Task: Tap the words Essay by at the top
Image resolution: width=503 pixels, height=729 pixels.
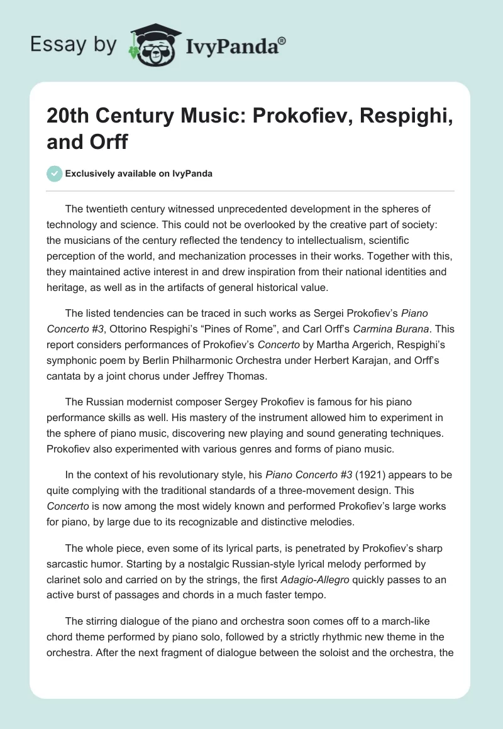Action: click(x=73, y=45)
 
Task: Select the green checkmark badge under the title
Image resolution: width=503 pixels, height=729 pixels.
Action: click(x=55, y=173)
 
